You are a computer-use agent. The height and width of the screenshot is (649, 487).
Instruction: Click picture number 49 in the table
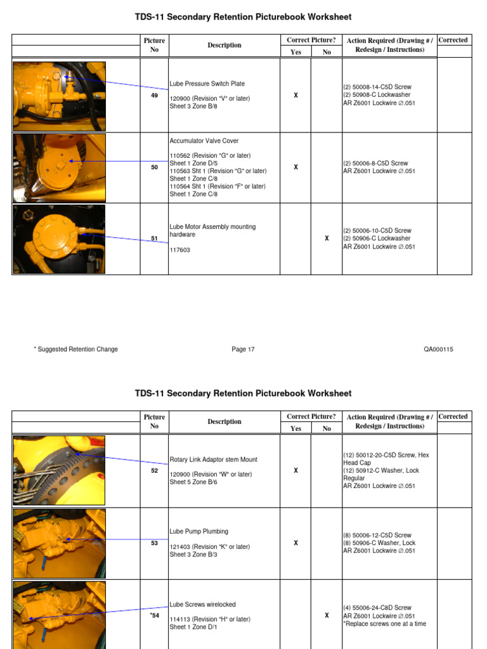coord(154,95)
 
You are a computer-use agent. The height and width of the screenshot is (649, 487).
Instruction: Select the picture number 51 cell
coord(154,238)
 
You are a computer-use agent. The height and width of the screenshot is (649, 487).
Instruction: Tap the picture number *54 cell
coord(154,615)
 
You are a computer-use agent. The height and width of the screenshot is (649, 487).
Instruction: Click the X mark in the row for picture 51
coord(327,238)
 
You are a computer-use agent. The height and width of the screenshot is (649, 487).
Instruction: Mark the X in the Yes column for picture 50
coord(295,167)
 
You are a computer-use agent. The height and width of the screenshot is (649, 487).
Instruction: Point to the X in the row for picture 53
coord(295,543)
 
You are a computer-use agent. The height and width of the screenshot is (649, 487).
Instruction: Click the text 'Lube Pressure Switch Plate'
coord(207,84)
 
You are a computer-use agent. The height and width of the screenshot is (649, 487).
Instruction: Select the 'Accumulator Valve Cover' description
coord(204,141)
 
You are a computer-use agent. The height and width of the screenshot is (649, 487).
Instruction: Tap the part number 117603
coord(179,250)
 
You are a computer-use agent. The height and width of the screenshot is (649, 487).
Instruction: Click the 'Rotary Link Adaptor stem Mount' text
coord(213,459)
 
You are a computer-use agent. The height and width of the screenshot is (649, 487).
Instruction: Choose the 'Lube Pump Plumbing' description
coord(198,532)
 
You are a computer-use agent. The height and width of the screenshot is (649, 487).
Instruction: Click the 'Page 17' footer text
coord(243,349)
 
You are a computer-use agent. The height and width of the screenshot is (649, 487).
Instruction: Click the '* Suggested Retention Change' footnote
coord(75,349)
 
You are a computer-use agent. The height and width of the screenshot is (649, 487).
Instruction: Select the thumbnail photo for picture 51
coord(59,239)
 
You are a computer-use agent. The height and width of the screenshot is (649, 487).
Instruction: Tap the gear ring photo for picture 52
coord(59,470)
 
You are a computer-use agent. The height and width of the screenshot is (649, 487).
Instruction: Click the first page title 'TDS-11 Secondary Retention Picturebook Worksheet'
coord(243,17)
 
